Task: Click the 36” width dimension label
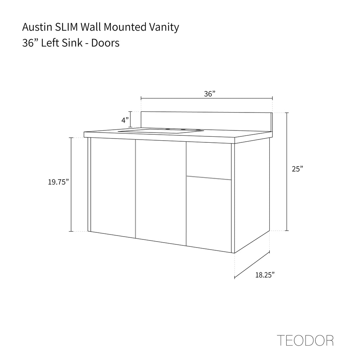pyautogui.click(x=210, y=94)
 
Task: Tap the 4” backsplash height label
pyautogui.click(x=125, y=120)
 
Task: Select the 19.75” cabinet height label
pyautogui.click(x=58, y=182)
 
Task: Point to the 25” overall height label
pyautogui.click(x=297, y=169)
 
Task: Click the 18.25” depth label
pyautogui.click(x=265, y=275)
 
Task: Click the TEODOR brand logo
pyautogui.click(x=305, y=340)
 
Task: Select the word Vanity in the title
pyautogui.click(x=164, y=27)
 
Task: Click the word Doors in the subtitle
pyautogui.click(x=105, y=43)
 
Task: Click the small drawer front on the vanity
pyautogui.click(x=209, y=160)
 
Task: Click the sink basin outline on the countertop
pyautogui.click(x=161, y=131)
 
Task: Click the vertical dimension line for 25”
pyautogui.click(x=287, y=172)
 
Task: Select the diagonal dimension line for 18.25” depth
pyautogui.click(x=252, y=265)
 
